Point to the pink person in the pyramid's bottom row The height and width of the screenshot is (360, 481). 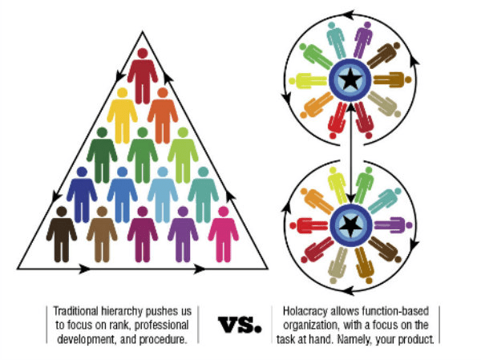click(x=224, y=233)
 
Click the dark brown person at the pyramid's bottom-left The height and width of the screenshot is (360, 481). click(x=62, y=233)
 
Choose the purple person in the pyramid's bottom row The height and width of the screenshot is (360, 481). click(x=183, y=233)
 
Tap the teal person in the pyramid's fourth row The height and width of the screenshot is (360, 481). click(x=204, y=192)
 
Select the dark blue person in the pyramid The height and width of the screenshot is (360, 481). click(x=82, y=192)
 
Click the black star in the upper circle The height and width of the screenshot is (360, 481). click(x=350, y=79)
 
